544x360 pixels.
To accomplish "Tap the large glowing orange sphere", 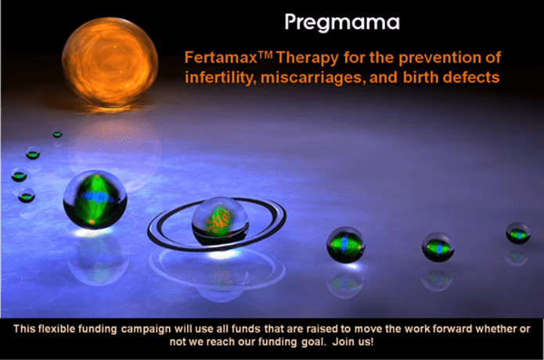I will pos(110,63).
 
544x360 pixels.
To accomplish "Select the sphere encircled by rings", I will pos(220,220).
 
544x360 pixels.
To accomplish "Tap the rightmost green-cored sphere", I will pos(517,233).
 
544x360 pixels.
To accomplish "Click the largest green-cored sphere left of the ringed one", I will pos(95,200).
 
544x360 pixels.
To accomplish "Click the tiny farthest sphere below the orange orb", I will pos(57,134).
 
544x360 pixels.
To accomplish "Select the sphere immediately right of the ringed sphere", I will pos(345,244).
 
